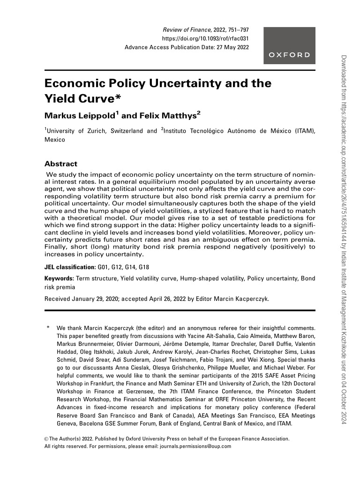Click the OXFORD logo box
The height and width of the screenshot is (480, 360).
[x=289, y=46]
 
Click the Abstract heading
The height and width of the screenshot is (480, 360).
[x=60, y=164]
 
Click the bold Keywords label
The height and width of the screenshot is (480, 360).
[x=59, y=278]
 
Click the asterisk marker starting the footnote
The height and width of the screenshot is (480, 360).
[x=47, y=328]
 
